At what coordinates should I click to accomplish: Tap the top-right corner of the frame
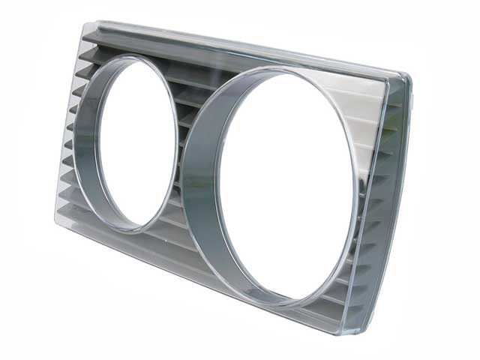click(409, 75)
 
